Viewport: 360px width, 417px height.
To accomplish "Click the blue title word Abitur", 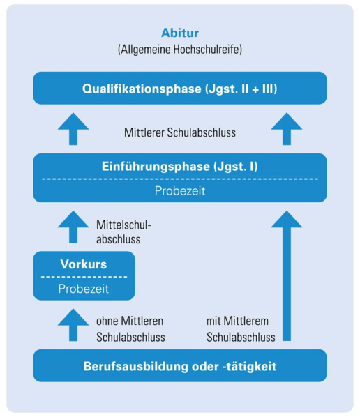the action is pyautogui.click(x=180, y=33).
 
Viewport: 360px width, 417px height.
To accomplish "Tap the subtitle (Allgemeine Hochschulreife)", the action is pyautogui.click(x=180, y=50).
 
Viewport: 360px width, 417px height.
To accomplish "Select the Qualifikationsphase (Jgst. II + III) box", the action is pyautogui.click(x=180, y=88).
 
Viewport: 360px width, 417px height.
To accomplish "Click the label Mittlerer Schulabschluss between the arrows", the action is pyautogui.click(x=180, y=132).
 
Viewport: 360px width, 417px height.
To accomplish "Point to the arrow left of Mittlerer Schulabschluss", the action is pyautogui.click(x=73, y=129).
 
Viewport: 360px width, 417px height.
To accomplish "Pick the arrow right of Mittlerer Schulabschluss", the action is pyautogui.click(x=287, y=129).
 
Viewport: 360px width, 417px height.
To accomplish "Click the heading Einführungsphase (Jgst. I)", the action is pyautogui.click(x=180, y=167).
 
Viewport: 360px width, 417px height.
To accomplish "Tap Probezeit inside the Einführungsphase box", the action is pyautogui.click(x=180, y=190).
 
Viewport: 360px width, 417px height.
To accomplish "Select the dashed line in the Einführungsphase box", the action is pyautogui.click(x=180, y=179).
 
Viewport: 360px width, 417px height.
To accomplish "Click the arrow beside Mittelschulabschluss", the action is pyautogui.click(x=73, y=227).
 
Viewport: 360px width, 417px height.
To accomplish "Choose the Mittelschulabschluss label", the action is pyautogui.click(x=123, y=232).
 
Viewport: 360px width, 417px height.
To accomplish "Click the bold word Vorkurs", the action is pyautogui.click(x=84, y=264).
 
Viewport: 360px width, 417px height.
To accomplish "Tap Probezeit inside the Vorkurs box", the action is pyautogui.click(x=84, y=289).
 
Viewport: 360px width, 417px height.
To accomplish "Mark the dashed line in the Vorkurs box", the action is pyautogui.click(x=84, y=277).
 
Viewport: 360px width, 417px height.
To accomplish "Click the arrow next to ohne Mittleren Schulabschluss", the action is pyautogui.click(x=73, y=325).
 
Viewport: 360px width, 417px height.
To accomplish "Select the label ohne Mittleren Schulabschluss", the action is pyautogui.click(x=130, y=329).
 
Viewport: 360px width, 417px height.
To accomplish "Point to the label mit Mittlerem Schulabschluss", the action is pyautogui.click(x=241, y=329).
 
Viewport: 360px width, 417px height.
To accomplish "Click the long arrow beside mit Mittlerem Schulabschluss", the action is pyautogui.click(x=287, y=275).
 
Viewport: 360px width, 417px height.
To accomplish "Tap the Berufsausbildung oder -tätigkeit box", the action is pyautogui.click(x=180, y=365).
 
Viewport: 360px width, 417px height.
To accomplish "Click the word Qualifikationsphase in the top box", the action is pyautogui.click(x=142, y=89).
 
